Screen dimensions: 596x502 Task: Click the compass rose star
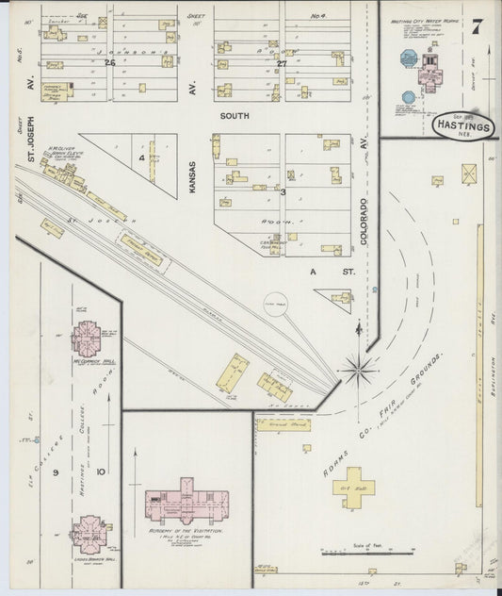[359, 369]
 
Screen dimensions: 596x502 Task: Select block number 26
[109, 63]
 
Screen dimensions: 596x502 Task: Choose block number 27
[283, 63]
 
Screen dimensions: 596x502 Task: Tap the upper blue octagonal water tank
[409, 58]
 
